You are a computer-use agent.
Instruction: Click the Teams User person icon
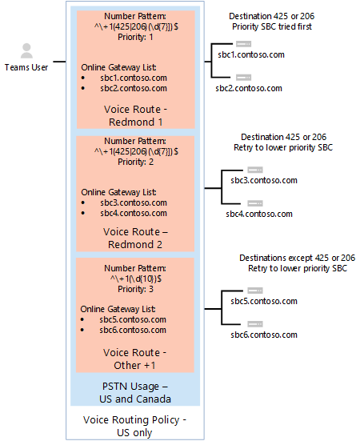(x=27, y=51)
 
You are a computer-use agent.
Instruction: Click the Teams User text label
(x=26, y=67)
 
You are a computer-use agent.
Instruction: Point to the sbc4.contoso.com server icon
(x=256, y=202)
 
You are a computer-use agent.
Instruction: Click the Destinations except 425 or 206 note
(x=297, y=258)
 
